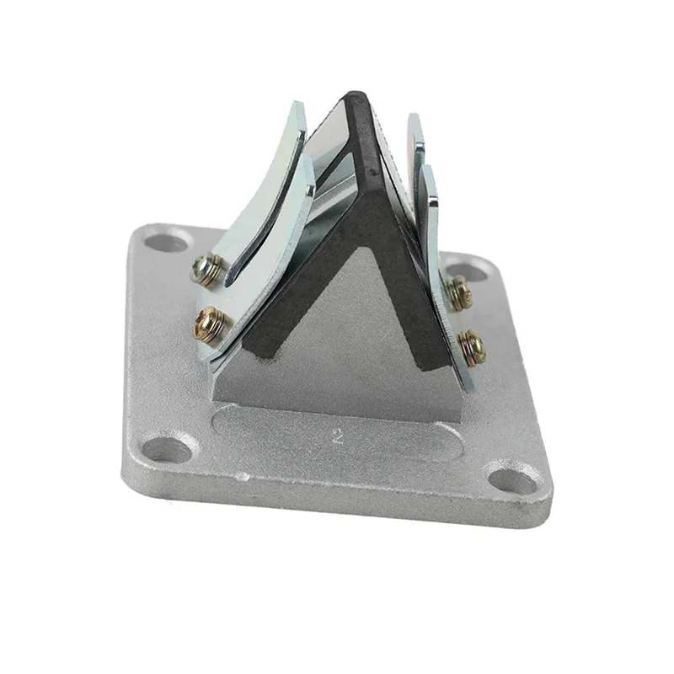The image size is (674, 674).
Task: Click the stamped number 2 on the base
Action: tap(338, 436)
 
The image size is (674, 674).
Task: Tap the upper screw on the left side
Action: tap(207, 270)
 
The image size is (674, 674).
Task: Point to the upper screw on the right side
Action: tap(458, 292)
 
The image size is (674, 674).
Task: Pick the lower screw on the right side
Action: tap(472, 345)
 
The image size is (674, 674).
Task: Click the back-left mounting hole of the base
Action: tap(168, 240)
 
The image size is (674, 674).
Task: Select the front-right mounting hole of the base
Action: tap(514, 481)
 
